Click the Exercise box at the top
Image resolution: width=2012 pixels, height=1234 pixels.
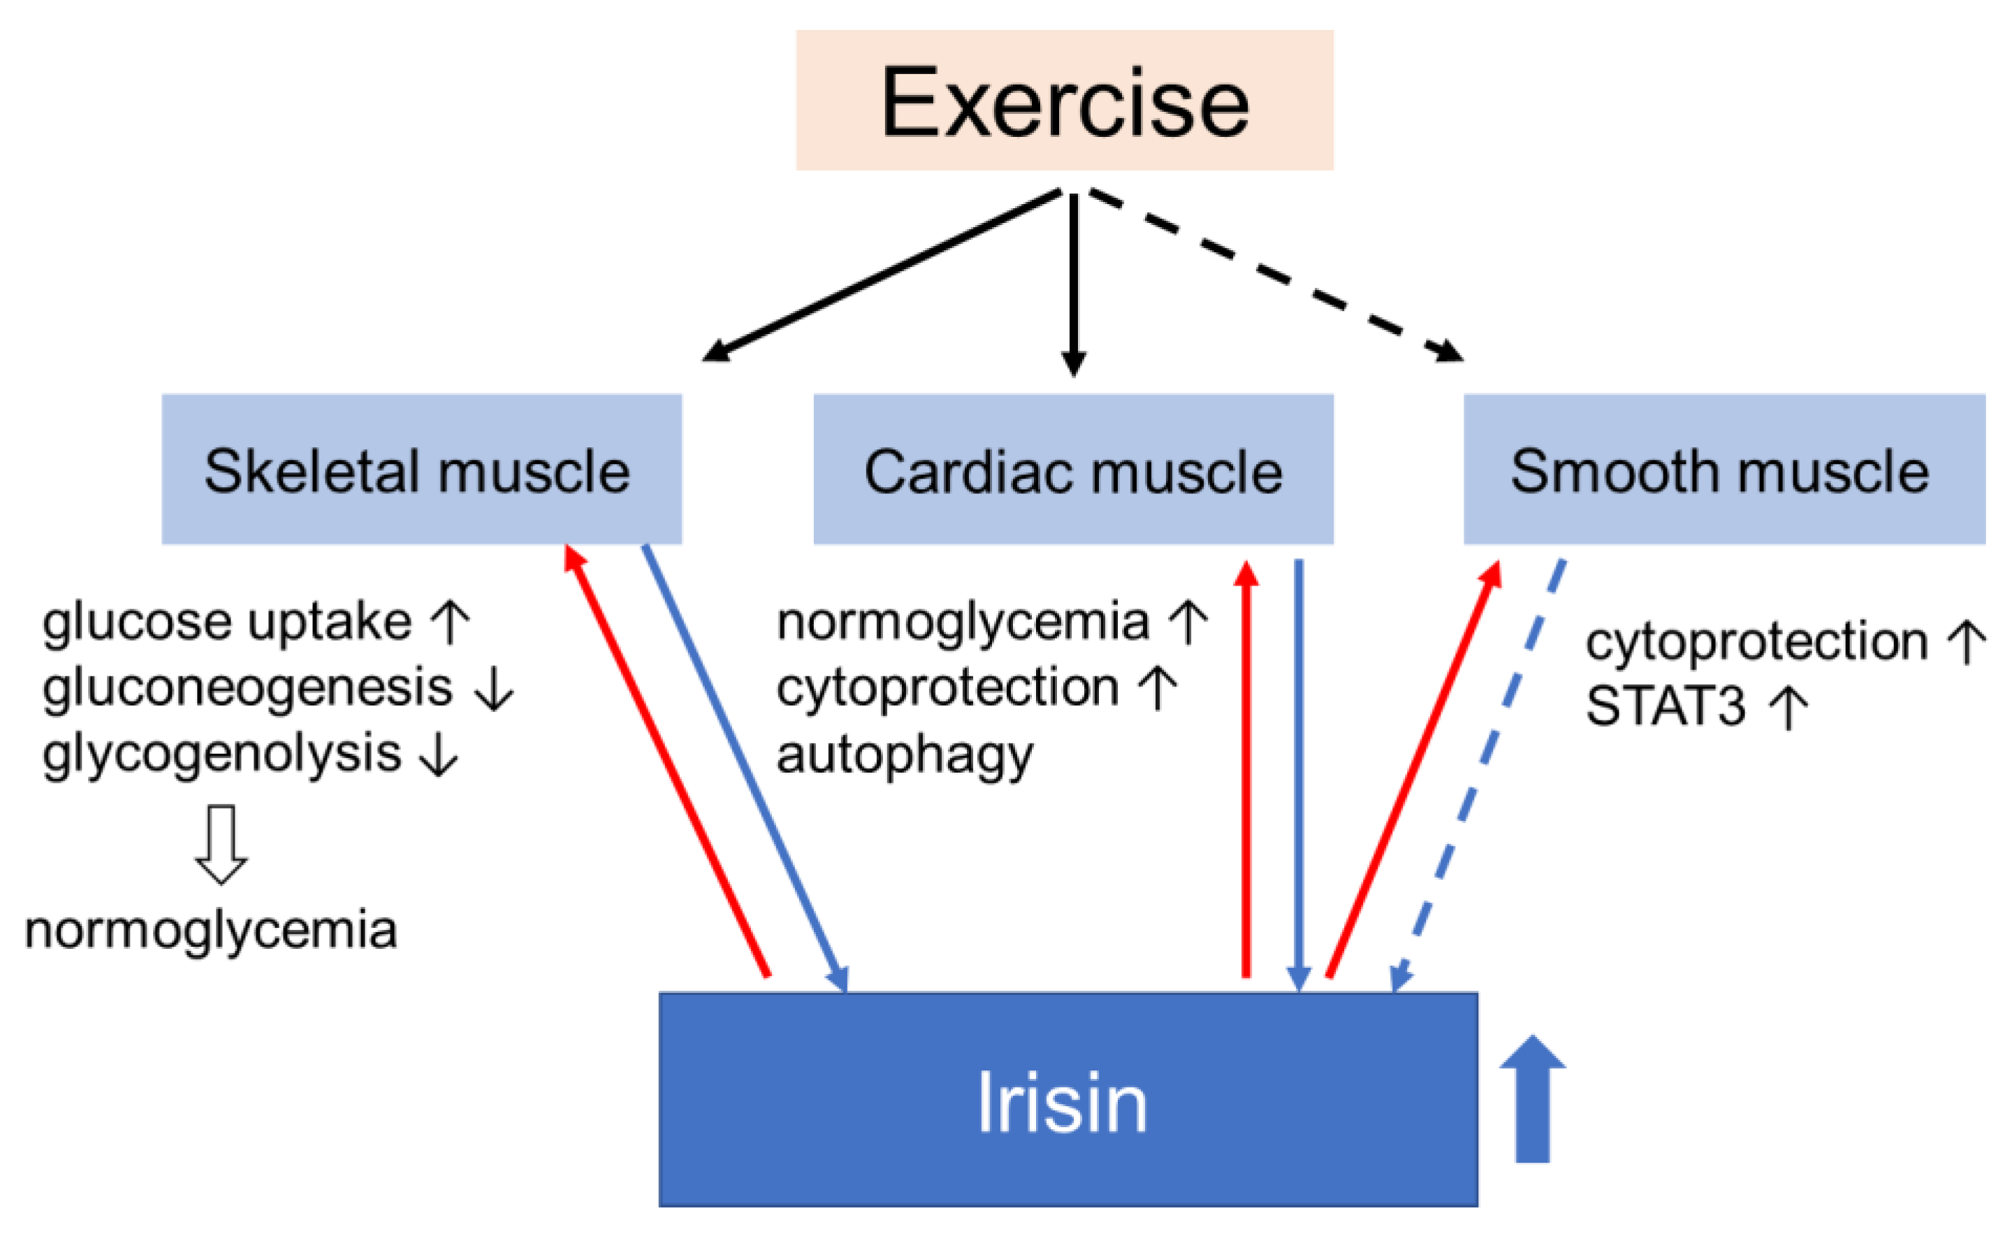click(1064, 101)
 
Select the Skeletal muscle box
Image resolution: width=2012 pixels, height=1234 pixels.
click(421, 470)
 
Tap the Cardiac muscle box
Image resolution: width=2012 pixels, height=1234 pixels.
click(1073, 470)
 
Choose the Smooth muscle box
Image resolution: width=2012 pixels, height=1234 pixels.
click(1723, 470)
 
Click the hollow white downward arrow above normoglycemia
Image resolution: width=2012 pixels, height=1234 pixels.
click(221, 843)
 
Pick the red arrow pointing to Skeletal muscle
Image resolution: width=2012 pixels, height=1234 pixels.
click(666, 760)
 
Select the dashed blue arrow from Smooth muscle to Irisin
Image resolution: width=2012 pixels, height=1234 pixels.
click(1478, 776)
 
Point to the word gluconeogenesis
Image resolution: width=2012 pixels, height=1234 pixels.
click(247, 688)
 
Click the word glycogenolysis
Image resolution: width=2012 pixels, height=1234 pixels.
click(221, 754)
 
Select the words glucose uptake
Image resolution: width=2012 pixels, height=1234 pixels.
click(226, 623)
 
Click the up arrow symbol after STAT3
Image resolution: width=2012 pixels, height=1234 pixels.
click(1788, 707)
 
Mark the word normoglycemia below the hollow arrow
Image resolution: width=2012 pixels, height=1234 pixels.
click(211, 930)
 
